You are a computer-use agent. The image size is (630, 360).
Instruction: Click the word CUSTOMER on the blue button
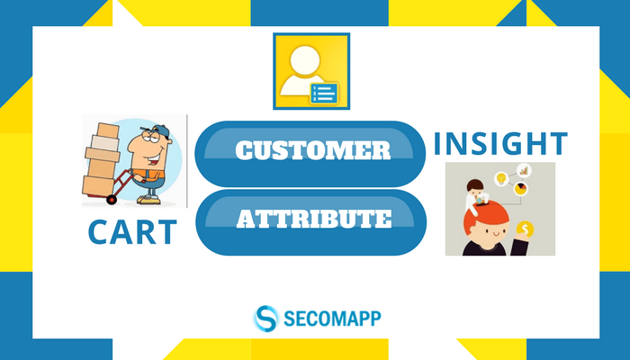coord(313,150)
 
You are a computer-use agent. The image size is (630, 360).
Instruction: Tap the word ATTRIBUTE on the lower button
coord(314,219)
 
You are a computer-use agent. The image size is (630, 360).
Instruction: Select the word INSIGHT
coord(500,143)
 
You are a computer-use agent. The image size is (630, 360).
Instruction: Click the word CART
coord(132,232)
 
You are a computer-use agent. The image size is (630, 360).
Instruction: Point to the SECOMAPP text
coord(332,319)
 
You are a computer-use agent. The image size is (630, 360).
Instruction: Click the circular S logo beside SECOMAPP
coord(266,319)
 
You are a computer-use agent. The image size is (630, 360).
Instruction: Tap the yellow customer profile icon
coord(311,71)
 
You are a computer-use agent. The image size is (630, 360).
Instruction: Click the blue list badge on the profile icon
coord(324,94)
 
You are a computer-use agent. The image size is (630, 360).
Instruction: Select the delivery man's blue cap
coord(161,130)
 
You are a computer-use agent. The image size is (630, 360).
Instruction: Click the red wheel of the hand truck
coord(112,199)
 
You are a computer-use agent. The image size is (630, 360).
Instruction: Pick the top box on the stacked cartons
coord(108,130)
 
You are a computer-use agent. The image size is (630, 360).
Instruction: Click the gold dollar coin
coord(525,229)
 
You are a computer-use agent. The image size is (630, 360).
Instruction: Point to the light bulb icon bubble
coord(501,178)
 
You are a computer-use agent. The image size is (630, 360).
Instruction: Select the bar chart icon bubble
coord(524,170)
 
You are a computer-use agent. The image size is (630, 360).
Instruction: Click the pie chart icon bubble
coord(521,189)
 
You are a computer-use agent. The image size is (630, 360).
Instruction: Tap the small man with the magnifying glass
coord(476,195)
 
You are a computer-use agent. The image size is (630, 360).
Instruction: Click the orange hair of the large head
coord(485,217)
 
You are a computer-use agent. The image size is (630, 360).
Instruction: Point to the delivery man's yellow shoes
coord(148,200)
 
